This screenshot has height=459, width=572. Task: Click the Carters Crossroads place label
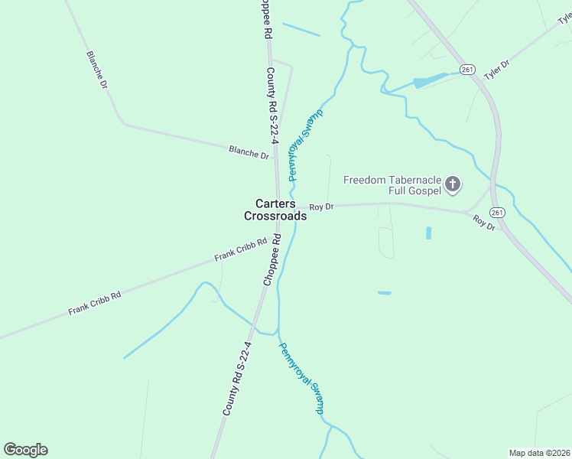(275, 210)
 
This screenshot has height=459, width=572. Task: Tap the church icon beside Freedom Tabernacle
(453, 184)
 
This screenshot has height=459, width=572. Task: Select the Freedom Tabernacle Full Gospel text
(392, 184)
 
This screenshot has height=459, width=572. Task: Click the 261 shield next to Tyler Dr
(468, 70)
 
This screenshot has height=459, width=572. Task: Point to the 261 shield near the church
(498, 212)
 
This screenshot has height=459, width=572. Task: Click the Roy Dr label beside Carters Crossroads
(322, 207)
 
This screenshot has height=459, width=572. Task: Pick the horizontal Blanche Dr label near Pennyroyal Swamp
(249, 152)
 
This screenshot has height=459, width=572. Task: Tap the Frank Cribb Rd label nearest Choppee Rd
(240, 249)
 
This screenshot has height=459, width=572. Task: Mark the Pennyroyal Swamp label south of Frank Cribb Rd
(301, 378)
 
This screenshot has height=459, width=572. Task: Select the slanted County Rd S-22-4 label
(237, 378)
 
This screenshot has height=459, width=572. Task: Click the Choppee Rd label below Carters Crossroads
(272, 260)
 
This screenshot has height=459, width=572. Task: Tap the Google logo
(25, 450)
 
